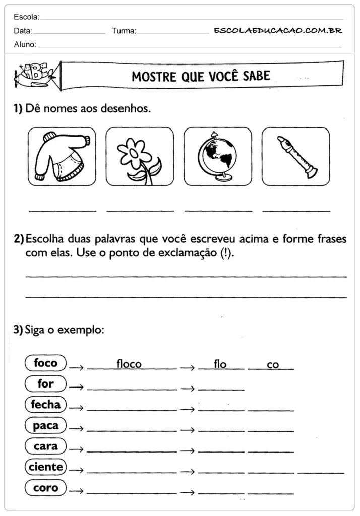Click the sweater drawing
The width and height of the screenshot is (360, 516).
coord(62,156)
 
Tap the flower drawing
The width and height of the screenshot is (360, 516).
coord(139,157)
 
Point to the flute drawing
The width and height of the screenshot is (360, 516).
coord(296,157)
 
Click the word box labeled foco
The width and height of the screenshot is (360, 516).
coord(45,363)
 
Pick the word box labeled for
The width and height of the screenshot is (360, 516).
coord(45,383)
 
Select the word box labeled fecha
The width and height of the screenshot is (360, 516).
coord(45,404)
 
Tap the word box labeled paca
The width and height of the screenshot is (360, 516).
coord(45,426)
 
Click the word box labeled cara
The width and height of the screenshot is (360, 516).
coord(45,446)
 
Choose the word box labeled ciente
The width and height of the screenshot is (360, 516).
coord(45,467)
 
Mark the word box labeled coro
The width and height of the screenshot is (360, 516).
coord(45,488)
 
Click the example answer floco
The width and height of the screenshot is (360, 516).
coord(129,364)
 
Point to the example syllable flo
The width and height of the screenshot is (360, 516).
coord(220,364)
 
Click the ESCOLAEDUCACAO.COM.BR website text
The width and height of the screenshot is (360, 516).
coord(278,30)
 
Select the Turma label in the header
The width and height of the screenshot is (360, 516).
coord(124,31)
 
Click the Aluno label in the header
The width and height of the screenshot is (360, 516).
coord(25,44)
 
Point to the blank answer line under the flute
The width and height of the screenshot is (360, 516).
coord(296,209)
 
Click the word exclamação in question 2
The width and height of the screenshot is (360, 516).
coord(191,253)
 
